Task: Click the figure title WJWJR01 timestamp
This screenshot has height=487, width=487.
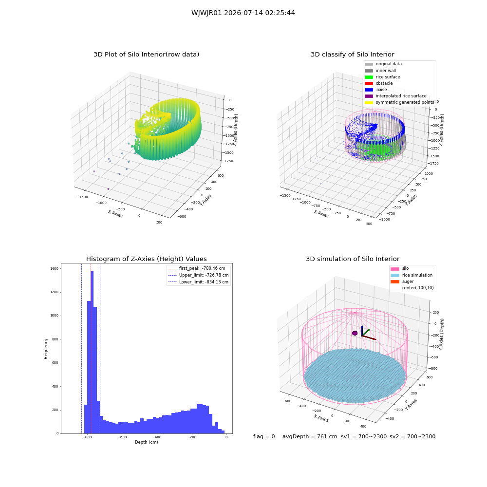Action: pos(243,13)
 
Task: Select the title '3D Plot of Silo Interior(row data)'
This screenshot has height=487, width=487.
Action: pos(146,55)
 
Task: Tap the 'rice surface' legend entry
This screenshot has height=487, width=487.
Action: pos(382,77)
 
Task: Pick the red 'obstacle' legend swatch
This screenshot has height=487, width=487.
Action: pos(369,83)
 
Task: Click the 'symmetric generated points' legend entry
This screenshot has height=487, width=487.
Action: pos(399,102)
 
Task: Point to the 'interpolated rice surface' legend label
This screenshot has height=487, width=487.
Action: pos(401,96)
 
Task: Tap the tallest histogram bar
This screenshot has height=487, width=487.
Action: pos(92,352)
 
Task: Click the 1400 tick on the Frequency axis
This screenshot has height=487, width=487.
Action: pos(55,269)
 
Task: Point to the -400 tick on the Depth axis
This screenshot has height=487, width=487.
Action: pos(157,437)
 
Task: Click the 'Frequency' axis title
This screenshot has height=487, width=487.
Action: pos(46,349)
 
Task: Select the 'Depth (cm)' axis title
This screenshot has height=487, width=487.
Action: pos(146,442)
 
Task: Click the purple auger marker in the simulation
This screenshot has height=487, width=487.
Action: pos(355,333)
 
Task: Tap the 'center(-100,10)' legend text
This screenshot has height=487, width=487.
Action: pos(418,288)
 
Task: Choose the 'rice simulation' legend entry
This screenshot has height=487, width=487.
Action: pos(412,275)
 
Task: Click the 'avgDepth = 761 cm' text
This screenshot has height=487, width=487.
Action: pos(310,436)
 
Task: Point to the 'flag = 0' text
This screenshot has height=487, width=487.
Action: pos(264,436)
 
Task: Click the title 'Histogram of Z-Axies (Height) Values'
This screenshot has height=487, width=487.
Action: pos(146,259)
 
